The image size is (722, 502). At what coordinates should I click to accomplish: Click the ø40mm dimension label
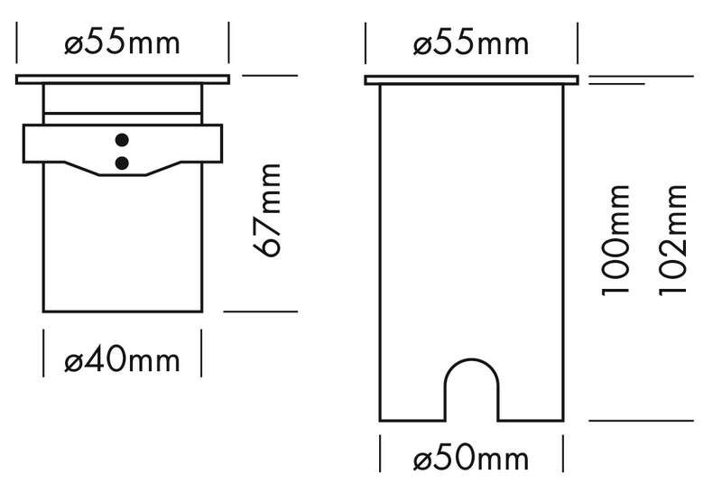(122, 360)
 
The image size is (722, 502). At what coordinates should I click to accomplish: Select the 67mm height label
(267, 210)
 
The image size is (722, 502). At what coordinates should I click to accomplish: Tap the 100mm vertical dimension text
(616, 239)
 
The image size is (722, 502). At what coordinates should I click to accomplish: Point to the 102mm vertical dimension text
(673, 239)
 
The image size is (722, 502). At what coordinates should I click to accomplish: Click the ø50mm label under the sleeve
(471, 459)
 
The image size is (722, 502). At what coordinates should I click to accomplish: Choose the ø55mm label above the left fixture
(122, 43)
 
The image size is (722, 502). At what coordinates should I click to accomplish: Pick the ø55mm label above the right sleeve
(471, 43)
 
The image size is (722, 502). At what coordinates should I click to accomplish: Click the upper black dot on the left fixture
(122, 140)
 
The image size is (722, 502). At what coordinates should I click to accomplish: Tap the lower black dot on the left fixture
(122, 163)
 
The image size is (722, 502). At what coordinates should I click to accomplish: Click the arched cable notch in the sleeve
(471, 359)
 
